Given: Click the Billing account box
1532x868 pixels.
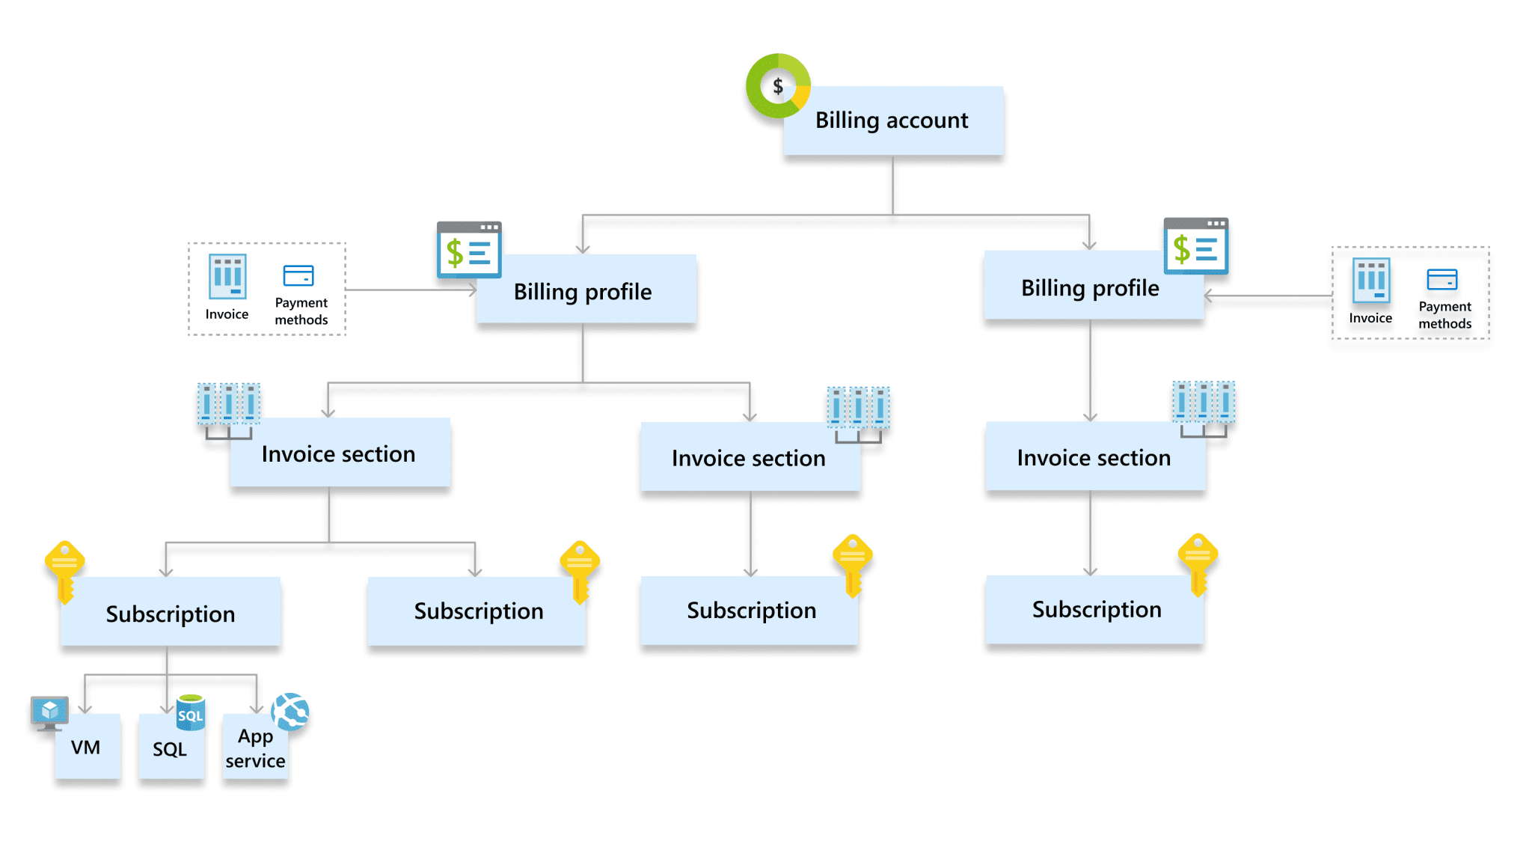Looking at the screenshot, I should (x=893, y=120).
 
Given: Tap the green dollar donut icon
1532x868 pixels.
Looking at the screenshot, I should (x=778, y=86).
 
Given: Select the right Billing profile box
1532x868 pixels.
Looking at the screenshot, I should (x=1091, y=287).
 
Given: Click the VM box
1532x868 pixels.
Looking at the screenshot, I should (x=87, y=747).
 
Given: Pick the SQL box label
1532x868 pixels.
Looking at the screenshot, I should (x=170, y=749).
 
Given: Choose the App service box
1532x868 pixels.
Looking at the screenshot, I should (x=255, y=748).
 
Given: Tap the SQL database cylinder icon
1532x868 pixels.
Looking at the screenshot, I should (x=190, y=712).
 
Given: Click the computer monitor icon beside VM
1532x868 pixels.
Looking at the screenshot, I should (x=49, y=712).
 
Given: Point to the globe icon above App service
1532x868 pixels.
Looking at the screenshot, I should (x=290, y=711).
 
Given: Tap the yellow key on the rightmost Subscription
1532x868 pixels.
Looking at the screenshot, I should (x=1198, y=563).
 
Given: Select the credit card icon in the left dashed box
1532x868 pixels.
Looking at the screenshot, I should (x=298, y=275).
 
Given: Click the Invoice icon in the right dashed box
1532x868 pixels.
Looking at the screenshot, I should (x=1371, y=281).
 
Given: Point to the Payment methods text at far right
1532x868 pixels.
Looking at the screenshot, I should (x=1444, y=315).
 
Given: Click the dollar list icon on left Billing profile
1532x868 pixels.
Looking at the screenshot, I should (x=469, y=250).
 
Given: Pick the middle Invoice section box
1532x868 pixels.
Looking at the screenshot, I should (x=750, y=457).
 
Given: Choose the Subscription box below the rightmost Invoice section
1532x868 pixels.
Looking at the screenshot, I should (x=1095, y=609).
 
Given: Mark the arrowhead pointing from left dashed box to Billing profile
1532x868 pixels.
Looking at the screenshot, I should (x=473, y=290).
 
